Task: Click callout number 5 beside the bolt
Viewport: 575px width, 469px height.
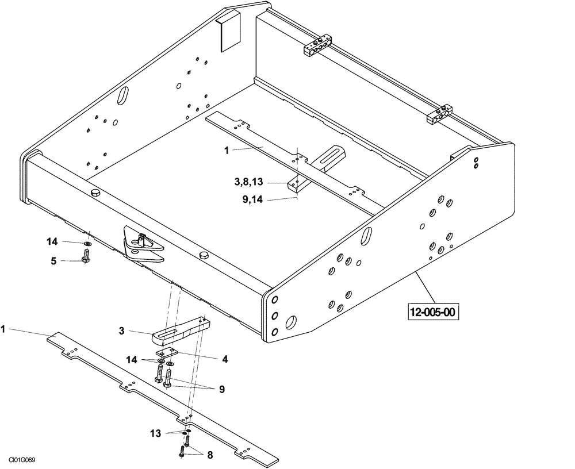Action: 53,260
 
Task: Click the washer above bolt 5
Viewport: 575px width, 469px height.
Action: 86,244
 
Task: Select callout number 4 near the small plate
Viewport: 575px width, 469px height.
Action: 225,359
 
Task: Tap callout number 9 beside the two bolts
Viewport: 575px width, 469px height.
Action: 221,389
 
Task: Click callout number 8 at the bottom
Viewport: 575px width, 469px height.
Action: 210,455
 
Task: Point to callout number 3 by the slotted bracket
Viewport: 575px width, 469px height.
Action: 122,331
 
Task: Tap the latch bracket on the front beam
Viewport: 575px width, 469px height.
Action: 143,246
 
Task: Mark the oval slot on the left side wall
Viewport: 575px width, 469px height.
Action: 124,95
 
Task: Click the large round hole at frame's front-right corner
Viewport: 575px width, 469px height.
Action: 292,320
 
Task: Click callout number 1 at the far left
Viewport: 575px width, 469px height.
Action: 3,330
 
